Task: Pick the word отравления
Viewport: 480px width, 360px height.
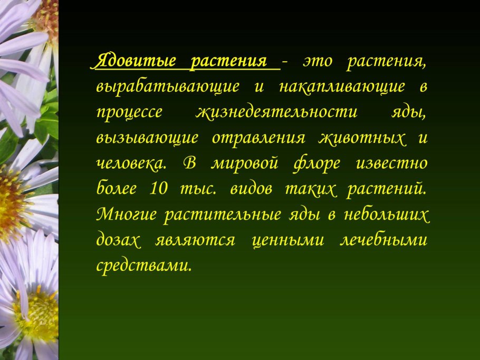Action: coord(258,138)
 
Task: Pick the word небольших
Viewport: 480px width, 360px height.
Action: coord(389,215)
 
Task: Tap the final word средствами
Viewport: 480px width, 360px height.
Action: coord(142,266)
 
